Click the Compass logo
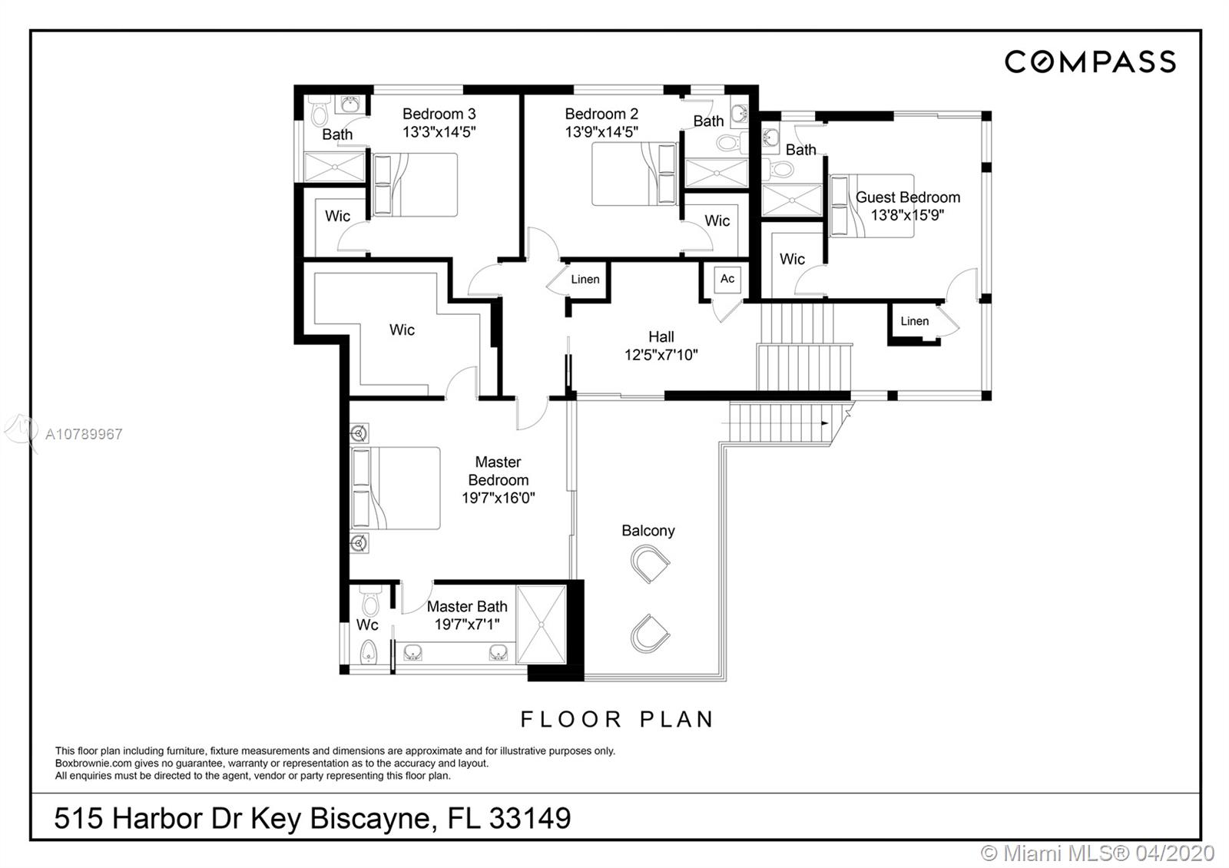click(x=1090, y=61)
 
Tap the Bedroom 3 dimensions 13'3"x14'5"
click(x=439, y=131)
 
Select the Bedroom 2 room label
click(x=601, y=114)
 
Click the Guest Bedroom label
click(x=907, y=197)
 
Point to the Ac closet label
click(x=727, y=279)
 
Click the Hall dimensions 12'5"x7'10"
click(x=661, y=355)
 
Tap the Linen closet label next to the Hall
click(x=585, y=280)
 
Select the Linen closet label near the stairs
click(x=914, y=321)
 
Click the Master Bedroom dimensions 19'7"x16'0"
click(x=498, y=498)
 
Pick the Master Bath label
click(x=466, y=607)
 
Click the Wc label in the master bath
click(x=367, y=624)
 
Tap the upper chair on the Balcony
click(x=650, y=565)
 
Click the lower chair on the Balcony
click(x=650, y=634)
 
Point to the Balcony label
click(x=648, y=531)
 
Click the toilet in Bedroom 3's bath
click(x=320, y=113)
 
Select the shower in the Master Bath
click(x=542, y=624)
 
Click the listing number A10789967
click(x=84, y=434)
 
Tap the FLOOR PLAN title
click(x=618, y=720)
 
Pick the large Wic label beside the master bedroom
click(x=402, y=330)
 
